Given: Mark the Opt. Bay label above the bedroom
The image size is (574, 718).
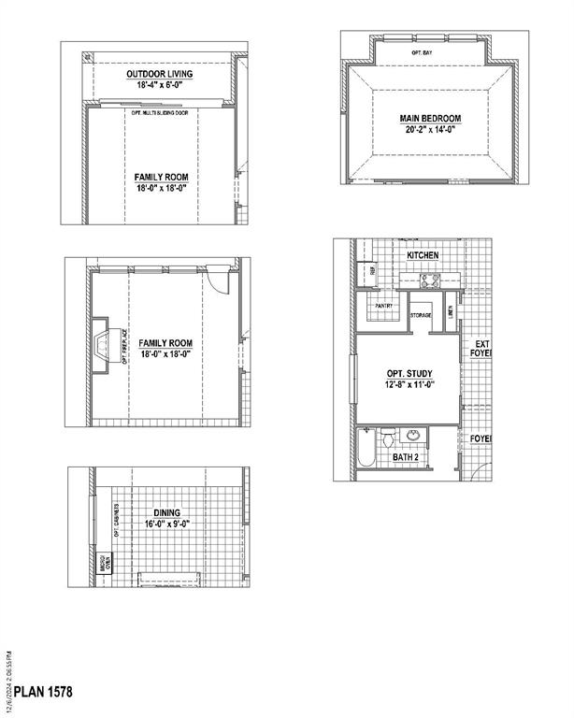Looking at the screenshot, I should (422, 53).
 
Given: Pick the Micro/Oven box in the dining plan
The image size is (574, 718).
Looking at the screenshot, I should (106, 562).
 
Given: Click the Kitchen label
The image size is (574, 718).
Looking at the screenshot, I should (423, 255).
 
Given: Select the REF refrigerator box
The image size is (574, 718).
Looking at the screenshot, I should (372, 270).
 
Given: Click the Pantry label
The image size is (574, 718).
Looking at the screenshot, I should (383, 306).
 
